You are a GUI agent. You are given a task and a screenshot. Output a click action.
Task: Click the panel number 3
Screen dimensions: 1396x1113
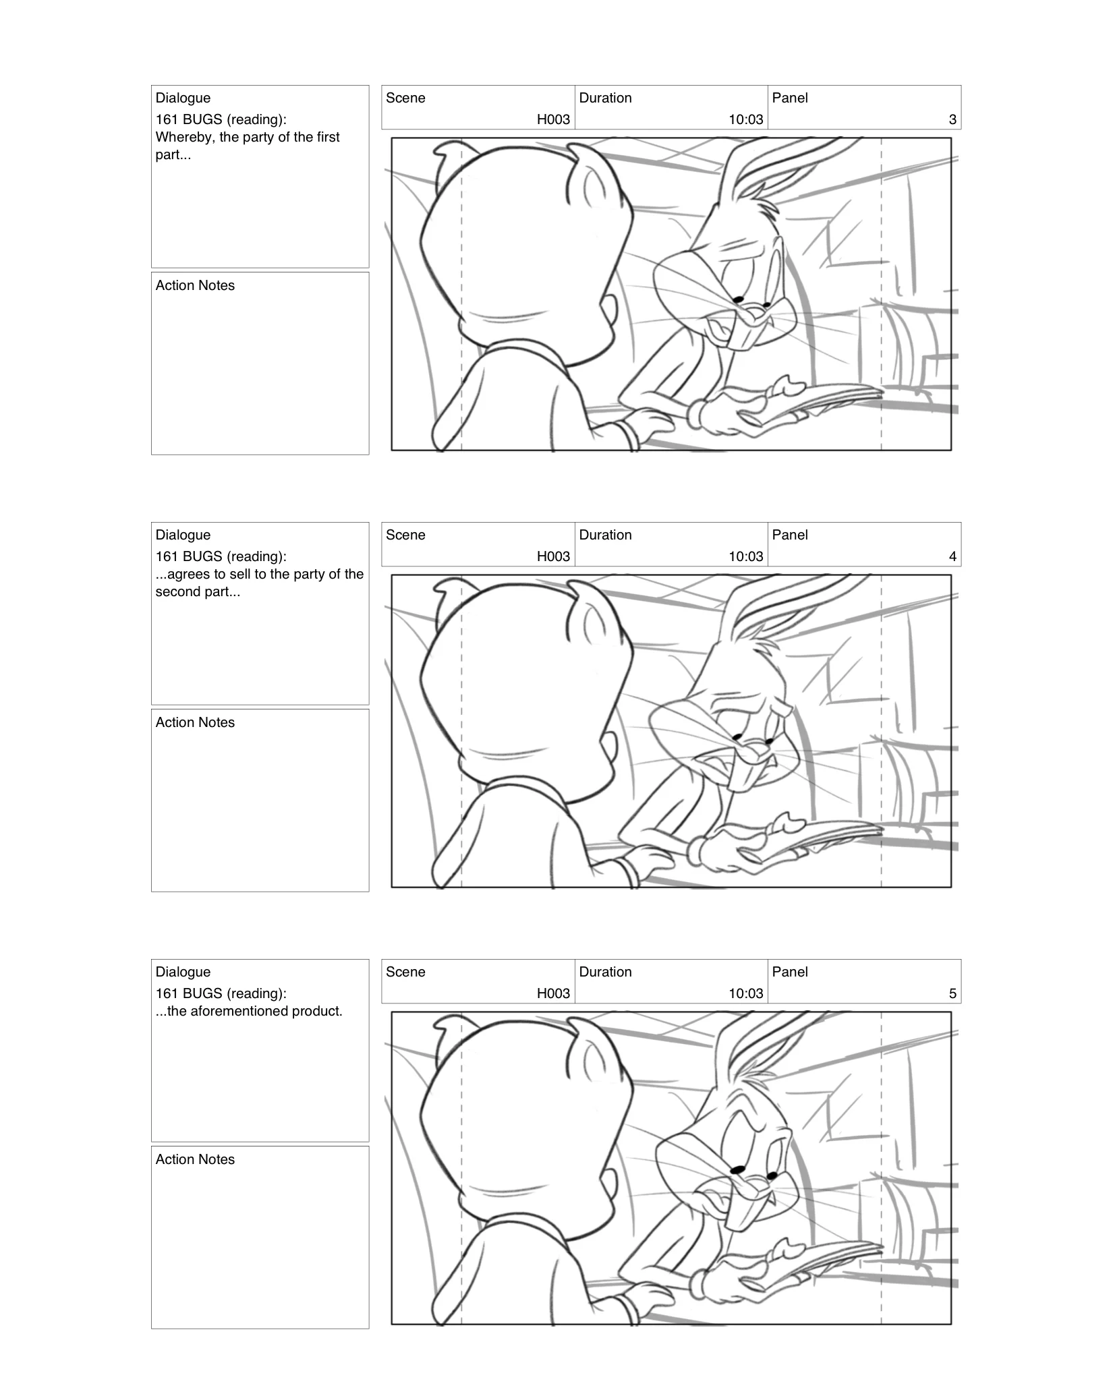pos(952,119)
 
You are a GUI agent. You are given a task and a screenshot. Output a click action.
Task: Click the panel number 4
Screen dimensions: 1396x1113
pos(952,556)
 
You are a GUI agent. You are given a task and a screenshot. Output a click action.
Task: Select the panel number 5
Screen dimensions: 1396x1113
pos(952,993)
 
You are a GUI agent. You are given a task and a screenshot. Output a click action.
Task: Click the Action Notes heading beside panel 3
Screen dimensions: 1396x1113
pos(195,285)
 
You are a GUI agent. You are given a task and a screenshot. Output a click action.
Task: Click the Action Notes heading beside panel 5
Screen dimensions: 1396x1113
pos(195,1159)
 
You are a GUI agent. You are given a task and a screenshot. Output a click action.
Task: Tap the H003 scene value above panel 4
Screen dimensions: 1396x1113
pos(552,556)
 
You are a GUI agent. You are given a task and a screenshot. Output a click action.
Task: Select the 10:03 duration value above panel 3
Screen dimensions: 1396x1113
pos(745,119)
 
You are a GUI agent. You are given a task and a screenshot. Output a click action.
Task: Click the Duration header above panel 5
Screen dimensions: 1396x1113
pos(605,972)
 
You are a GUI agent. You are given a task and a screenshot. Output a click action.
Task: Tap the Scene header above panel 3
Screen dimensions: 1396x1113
pos(405,98)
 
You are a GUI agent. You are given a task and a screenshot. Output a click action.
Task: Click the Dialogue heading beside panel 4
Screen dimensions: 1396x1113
pos(183,535)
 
